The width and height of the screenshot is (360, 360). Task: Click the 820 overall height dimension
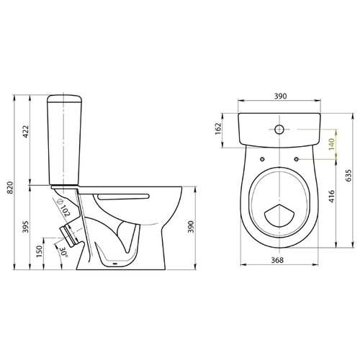[10, 187]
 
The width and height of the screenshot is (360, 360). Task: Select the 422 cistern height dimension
[25, 132]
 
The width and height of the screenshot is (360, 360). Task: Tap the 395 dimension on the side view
[25, 227]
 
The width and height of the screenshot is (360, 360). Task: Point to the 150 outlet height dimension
[39, 251]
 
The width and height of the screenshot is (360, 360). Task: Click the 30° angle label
[63, 253]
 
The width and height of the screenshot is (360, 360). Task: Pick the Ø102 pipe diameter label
[63, 207]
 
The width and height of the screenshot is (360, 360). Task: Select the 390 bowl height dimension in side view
[191, 227]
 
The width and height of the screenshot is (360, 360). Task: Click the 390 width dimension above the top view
[280, 96]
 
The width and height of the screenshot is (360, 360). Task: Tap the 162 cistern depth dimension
[218, 129]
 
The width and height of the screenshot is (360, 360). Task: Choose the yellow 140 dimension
[331, 144]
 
